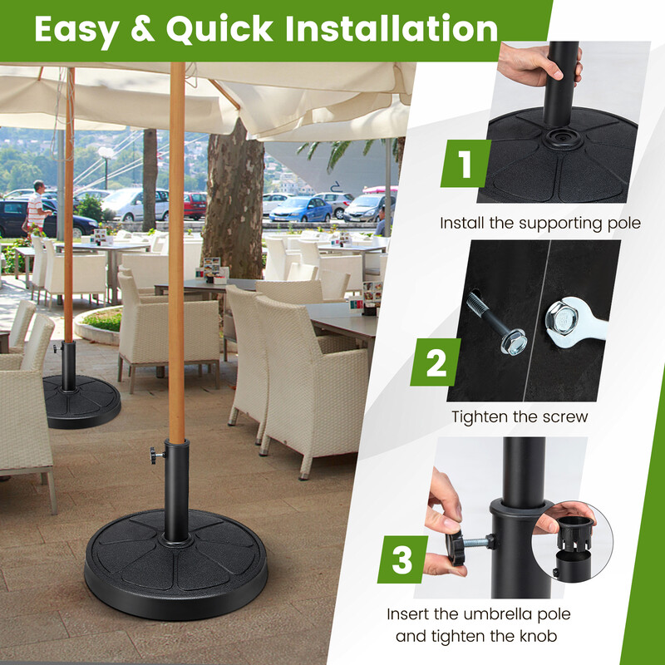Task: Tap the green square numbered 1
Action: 465,164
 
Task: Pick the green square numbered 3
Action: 402,559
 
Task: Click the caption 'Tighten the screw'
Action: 520,416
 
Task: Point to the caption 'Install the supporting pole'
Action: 540,223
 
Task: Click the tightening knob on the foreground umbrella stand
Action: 155,455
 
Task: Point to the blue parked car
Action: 300,209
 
